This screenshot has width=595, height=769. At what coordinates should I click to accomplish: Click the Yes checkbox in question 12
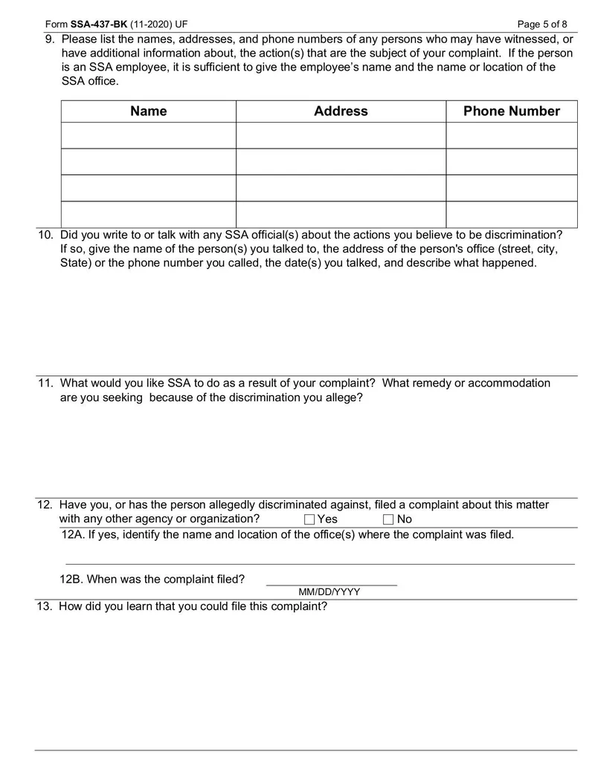[309, 519]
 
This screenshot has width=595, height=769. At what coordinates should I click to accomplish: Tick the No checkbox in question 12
[387, 519]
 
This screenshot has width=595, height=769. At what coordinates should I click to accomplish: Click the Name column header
[148, 111]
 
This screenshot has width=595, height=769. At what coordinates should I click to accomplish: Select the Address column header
[341, 111]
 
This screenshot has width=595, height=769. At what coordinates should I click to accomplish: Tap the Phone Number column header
[511, 111]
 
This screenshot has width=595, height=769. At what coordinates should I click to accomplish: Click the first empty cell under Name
[148, 135]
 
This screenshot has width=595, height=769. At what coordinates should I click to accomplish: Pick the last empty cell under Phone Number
[511, 214]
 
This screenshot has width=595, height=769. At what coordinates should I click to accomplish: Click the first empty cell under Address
[341, 135]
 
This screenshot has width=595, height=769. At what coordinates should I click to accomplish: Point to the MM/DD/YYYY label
[329, 592]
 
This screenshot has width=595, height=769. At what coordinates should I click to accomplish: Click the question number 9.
[49, 39]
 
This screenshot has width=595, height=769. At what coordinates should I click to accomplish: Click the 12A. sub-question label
[72, 535]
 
